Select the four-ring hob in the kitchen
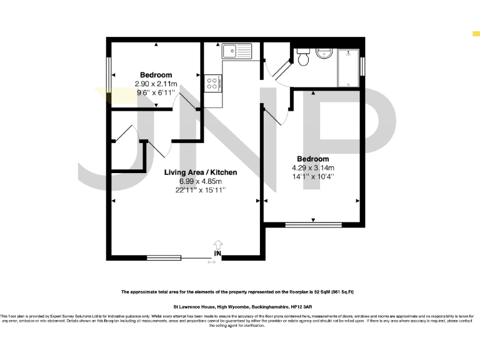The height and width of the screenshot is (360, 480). [212, 82]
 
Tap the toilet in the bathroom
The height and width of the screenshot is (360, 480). [303, 59]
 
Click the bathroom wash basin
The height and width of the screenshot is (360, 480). [324, 52]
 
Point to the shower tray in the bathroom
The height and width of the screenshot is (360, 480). [348, 67]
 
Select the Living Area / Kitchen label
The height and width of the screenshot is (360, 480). [200, 172]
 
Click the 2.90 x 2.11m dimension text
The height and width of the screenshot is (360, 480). [156, 84]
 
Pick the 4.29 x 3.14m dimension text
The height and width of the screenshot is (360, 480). [313, 167]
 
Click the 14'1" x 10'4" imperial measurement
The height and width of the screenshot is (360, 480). [313, 176]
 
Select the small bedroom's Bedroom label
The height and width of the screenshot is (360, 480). [156, 75]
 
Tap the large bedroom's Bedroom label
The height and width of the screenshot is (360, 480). [313, 159]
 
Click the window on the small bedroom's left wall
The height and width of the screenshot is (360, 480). [108, 74]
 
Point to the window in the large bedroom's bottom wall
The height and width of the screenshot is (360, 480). [313, 224]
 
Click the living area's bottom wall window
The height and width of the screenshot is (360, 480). [164, 257]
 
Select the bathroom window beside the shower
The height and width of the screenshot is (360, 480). [363, 66]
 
